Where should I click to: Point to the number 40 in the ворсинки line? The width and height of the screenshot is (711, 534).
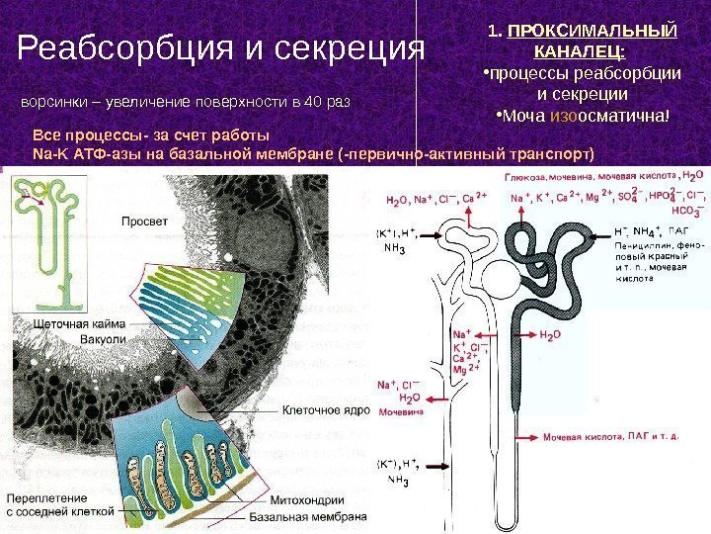pyautogui.click(x=314, y=102)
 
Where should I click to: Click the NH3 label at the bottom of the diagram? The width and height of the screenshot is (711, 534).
pyautogui.click(x=398, y=482)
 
